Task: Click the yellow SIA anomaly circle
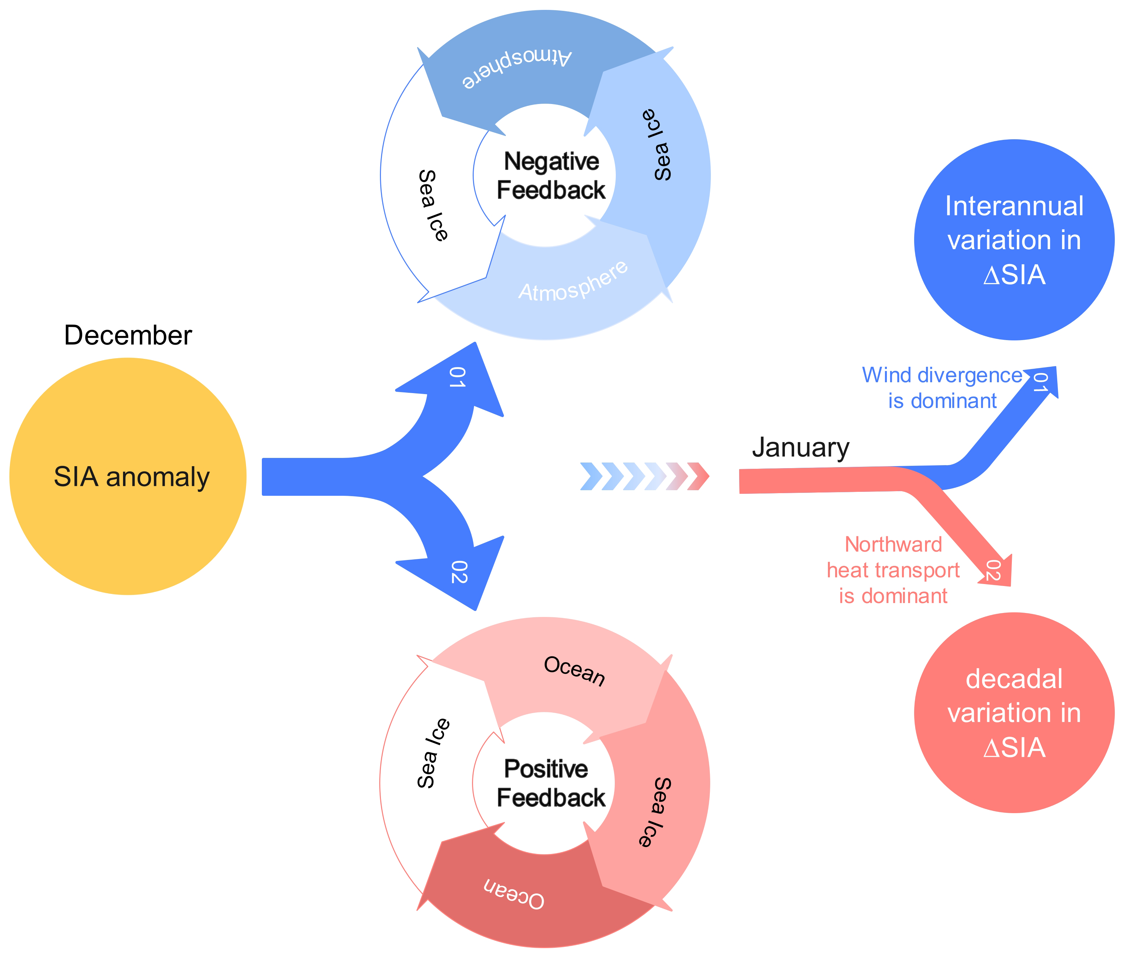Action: point(128,476)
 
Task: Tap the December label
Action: point(128,335)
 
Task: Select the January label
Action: point(800,448)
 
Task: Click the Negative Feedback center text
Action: point(551,176)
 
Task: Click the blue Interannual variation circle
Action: point(1014,240)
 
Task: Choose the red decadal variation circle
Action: point(1014,712)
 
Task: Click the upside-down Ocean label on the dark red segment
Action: point(513,894)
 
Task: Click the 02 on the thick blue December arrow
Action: point(459,572)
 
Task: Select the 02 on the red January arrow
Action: point(992,570)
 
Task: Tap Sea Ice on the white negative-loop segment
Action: point(434,205)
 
